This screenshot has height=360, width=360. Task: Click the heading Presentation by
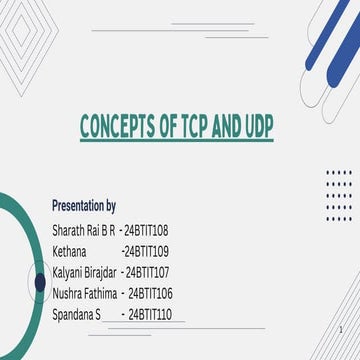(84, 205)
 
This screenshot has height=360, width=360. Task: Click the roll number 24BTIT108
(147, 229)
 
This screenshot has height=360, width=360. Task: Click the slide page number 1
(342, 331)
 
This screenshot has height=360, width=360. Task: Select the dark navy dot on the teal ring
(39, 283)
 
